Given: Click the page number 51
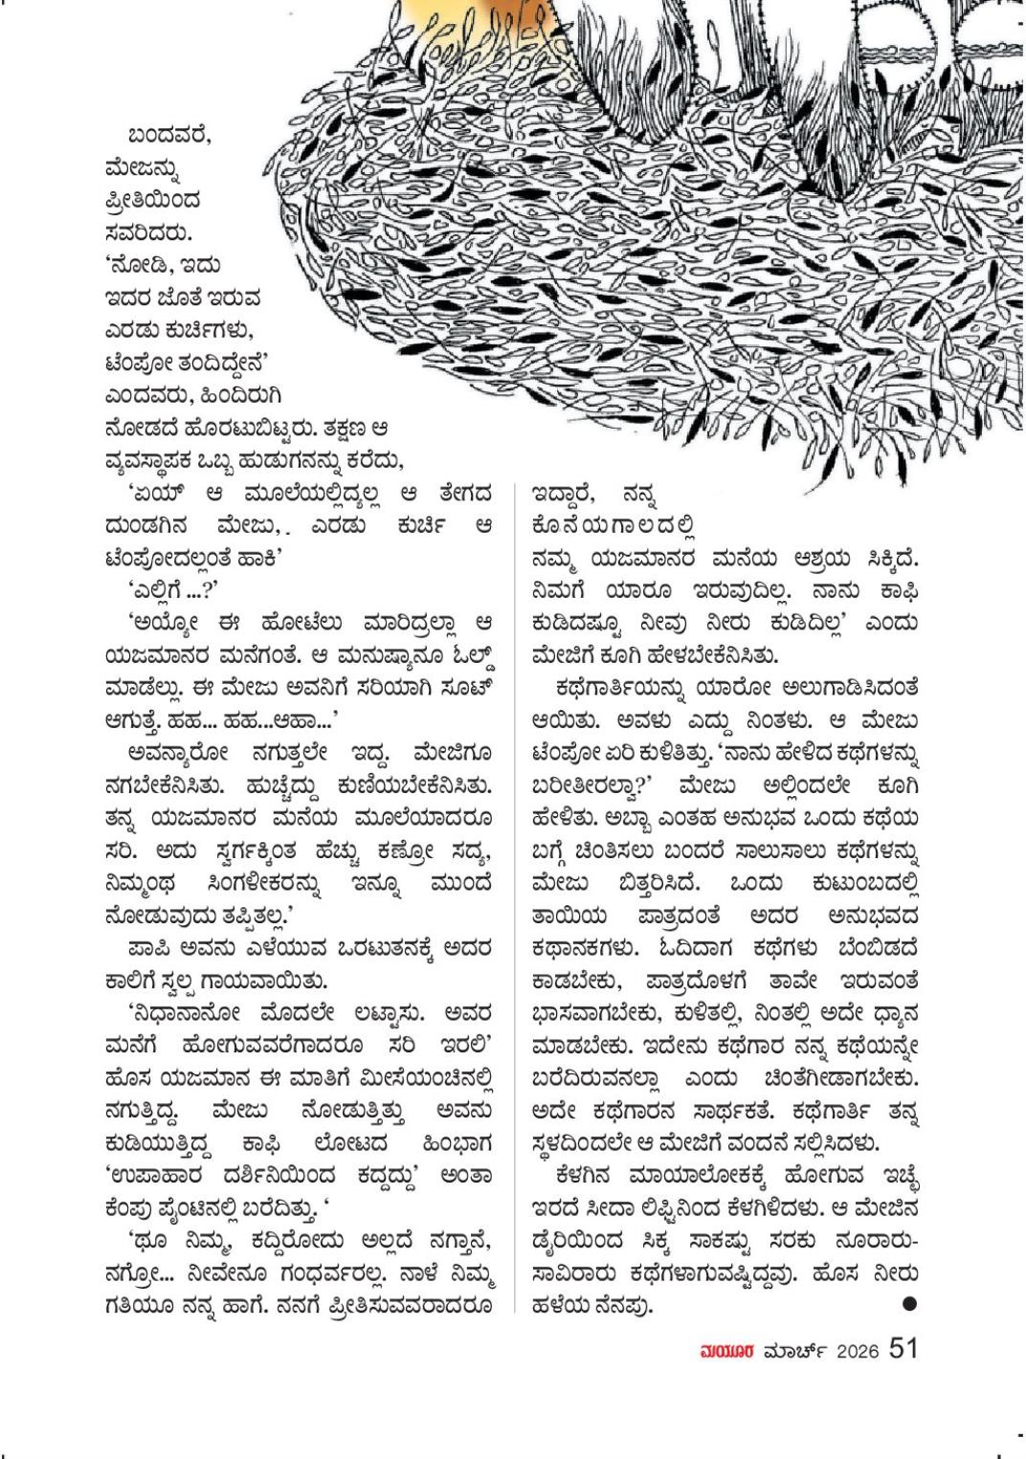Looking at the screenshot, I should (903, 1348).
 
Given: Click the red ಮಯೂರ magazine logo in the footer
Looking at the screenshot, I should (728, 1351).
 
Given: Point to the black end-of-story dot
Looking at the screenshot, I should (909, 1303).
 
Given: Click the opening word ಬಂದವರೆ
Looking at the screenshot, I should (170, 136).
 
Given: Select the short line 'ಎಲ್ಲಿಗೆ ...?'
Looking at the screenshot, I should (173, 588).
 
